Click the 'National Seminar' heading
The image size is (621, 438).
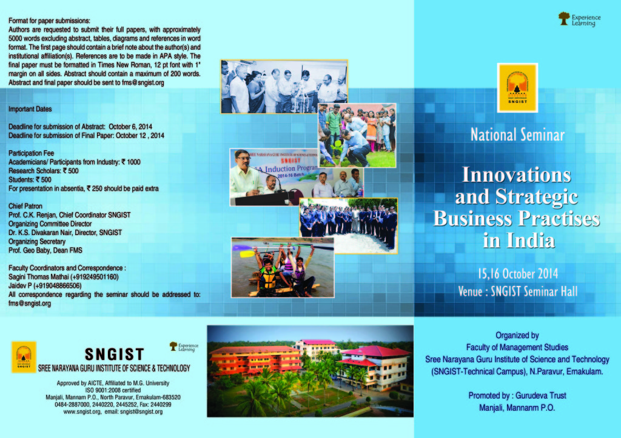(517, 134)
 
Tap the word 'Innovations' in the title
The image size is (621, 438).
(517, 174)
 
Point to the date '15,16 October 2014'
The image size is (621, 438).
(517, 273)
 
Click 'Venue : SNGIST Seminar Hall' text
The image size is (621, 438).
(517, 291)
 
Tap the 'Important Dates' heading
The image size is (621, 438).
(30, 109)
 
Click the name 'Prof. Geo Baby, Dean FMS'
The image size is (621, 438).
(45, 250)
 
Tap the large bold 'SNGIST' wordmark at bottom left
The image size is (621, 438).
(114, 354)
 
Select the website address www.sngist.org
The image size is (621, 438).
(82, 411)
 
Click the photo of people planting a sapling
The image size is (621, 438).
(357, 135)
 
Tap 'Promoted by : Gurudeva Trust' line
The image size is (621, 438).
(517, 396)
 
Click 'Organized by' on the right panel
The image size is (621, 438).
(517, 335)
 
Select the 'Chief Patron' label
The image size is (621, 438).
(25, 206)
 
